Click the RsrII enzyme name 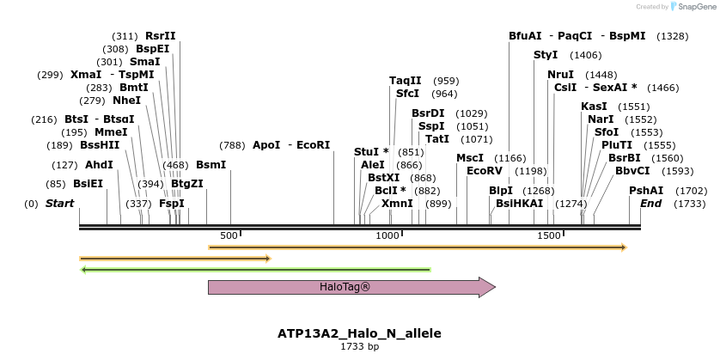click(160, 36)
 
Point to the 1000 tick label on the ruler click(388, 235)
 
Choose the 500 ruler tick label click(229, 235)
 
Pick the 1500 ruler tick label click(548, 235)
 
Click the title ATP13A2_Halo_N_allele click(359, 333)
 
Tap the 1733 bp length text click(359, 346)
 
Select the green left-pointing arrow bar click(255, 269)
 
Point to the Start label click(59, 204)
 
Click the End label click(650, 204)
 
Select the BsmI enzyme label click(211, 164)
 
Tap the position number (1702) click(691, 191)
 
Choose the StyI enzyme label click(546, 55)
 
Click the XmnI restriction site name click(397, 204)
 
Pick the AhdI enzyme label click(99, 164)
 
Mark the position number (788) click(232, 145)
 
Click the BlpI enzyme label click(500, 191)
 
